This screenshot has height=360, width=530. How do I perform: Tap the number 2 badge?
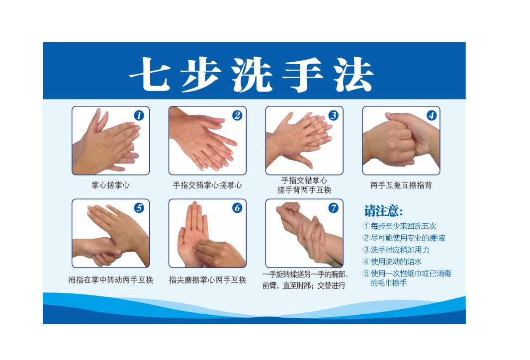pyautogui.click(x=237, y=115)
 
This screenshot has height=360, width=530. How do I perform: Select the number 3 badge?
pyautogui.click(x=333, y=115)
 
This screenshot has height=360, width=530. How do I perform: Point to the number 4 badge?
pyautogui.click(x=431, y=115)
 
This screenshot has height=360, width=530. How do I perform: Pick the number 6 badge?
pyautogui.click(x=237, y=208)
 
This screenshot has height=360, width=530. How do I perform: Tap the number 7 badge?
pyautogui.click(x=333, y=208)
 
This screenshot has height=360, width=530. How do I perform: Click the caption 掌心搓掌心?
pyautogui.click(x=110, y=185)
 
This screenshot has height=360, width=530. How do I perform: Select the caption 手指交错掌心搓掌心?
pyautogui.click(x=207, y=185)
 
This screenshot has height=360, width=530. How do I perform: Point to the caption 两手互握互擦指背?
pyautogui.click(x=401, y=185)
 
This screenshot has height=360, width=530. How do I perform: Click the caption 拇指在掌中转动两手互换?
pyautogui.click(x=110, y=280)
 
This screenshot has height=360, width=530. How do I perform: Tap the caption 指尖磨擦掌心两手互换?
pyautogui.click(x=207, y=280)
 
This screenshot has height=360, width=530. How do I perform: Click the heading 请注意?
pyautogui.click(x=383, y=211)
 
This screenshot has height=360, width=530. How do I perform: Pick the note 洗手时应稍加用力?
pyautogui.click(x=400, y=250)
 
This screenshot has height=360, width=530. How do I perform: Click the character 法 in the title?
pyautogui.click(x=353, y=75)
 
